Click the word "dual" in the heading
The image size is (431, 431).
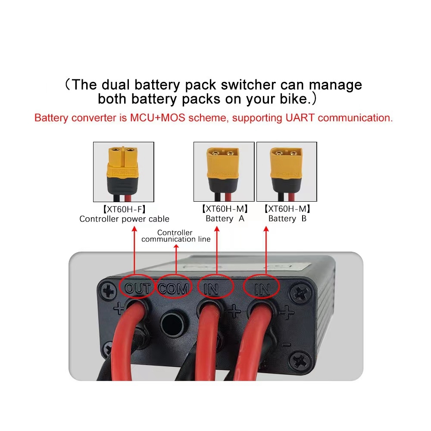click(116, 84)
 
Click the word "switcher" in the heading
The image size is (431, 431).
click(248, 84)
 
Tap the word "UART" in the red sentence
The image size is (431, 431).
click(300, 118)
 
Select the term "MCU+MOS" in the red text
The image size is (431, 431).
click(157, 118)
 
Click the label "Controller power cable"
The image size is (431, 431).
click(124, 219)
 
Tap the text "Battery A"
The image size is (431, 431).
click(225, 219)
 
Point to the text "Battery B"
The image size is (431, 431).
click(287, 219)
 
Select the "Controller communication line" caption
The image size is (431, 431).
click(176, 236)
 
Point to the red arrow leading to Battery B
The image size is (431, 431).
click(266, 250)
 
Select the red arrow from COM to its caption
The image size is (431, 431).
click(176, 259)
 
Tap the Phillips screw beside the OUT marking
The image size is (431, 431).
click(109, 291)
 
